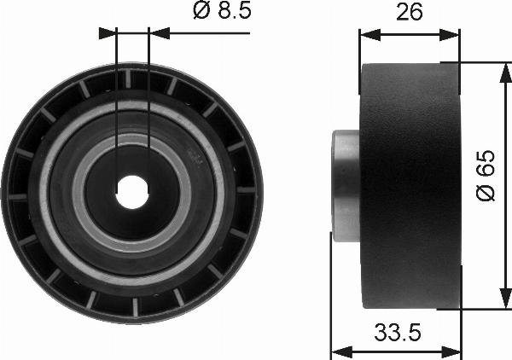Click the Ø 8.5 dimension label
[223, 9]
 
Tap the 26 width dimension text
[410, 13]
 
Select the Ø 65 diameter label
[486, 175]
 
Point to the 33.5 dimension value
[398, 332]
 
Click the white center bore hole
[132, 192]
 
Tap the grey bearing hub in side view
[346, 186]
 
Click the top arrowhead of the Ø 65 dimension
[505, 73]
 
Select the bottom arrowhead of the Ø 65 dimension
[505, 299]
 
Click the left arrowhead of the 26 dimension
[370, 35]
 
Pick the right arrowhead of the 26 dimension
[450, 35]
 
